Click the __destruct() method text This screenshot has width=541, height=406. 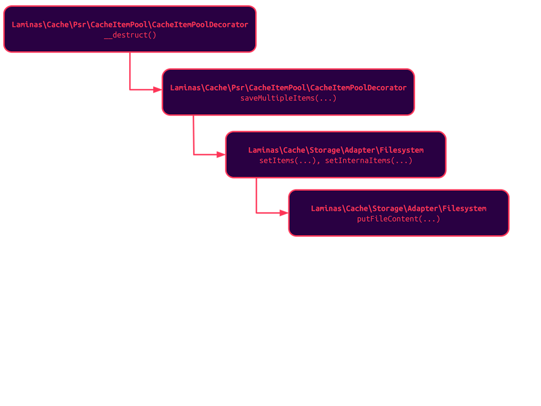[x=130, y=35]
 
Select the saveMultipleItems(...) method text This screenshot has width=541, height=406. [x=288, y=98]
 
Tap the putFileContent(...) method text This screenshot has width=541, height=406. [x=399, y=219]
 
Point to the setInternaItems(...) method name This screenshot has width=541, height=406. [x=369, y=161]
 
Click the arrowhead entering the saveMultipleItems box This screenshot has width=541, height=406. [x=158, y=89]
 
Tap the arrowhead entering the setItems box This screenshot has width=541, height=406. [x=221, y=154]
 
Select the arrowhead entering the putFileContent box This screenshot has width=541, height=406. [x=284, y=213]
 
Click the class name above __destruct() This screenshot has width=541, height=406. [x=130, y=24]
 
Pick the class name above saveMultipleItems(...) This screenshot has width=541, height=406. [x=288, y=88]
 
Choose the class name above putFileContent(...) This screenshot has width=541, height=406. [x=399, y=209]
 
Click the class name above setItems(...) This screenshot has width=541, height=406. [x=336, y=150]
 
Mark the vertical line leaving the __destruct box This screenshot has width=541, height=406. [x=130, y=70]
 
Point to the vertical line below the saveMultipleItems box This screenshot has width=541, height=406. [x=193, y=134]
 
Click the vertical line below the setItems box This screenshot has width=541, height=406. [x=256, y=195]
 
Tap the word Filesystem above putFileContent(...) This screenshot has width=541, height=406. [x=464, y=209]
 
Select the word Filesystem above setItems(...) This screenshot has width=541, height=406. [x=402, y=150]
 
